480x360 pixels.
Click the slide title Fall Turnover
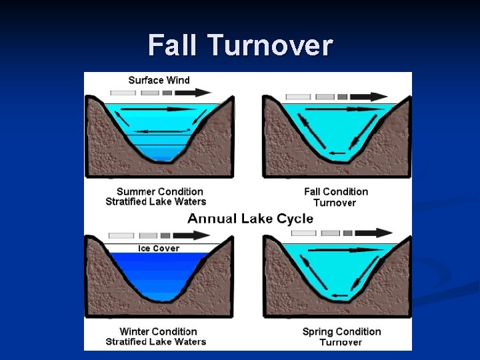point(240,45)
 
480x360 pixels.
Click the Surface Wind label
point(159,80)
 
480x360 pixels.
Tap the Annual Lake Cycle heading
point(250,219)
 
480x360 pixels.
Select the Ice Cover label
point(158,248)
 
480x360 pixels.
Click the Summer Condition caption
point(159,192)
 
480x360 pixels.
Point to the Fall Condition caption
point(336,192)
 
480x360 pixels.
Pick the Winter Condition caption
point(158,331)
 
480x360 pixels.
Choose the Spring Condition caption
point(341,331)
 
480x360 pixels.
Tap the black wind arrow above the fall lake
point(370,96)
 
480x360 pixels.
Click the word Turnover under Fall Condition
point(335,203)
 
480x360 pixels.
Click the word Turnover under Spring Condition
point(341,342)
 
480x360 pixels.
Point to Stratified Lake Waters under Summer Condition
point(156,202)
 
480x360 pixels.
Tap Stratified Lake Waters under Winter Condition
point(156,342)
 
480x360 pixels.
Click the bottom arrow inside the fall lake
point(337,153)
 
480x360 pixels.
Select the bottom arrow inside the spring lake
point(340,294)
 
